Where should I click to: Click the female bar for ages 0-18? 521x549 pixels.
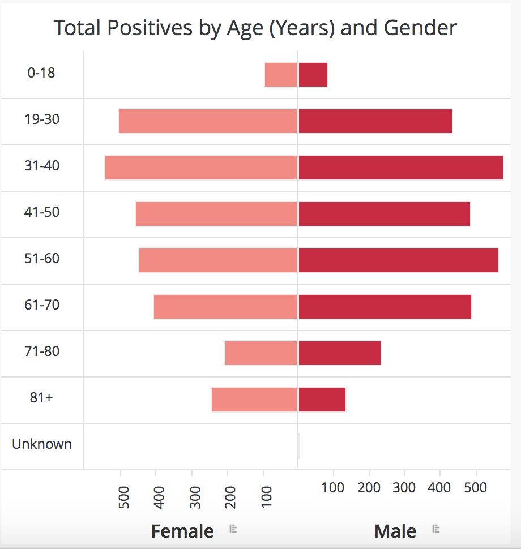click(281, 75)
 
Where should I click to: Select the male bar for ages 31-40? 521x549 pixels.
click(401, 168)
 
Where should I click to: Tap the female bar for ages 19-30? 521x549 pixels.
click(208, 121)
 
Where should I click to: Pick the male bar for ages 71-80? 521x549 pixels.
click(340, 353)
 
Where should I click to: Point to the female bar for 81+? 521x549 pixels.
click(254, 400)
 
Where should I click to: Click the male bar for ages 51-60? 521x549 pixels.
click(399, 260)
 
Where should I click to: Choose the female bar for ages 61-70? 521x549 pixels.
click(225, 307)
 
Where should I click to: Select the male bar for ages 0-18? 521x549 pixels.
click(313, 75)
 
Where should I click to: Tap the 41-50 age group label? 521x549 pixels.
click(42, 212)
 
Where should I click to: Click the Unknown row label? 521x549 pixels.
click(42, 444)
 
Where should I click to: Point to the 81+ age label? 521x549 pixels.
click(41, 397)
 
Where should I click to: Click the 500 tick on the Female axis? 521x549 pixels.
click(124, 497)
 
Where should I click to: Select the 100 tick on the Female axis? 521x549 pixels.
click(267, 497)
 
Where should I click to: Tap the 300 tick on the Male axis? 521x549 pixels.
click(404, 487)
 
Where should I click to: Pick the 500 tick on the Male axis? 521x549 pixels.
click(476, 487)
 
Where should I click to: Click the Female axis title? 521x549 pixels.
click(182, 531)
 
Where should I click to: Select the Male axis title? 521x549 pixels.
click(395, 531)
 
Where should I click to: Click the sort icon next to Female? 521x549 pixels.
click(233, 529)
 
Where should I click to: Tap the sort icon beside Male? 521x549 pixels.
click(436, 529)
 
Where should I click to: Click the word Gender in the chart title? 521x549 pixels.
click(420, 27)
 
